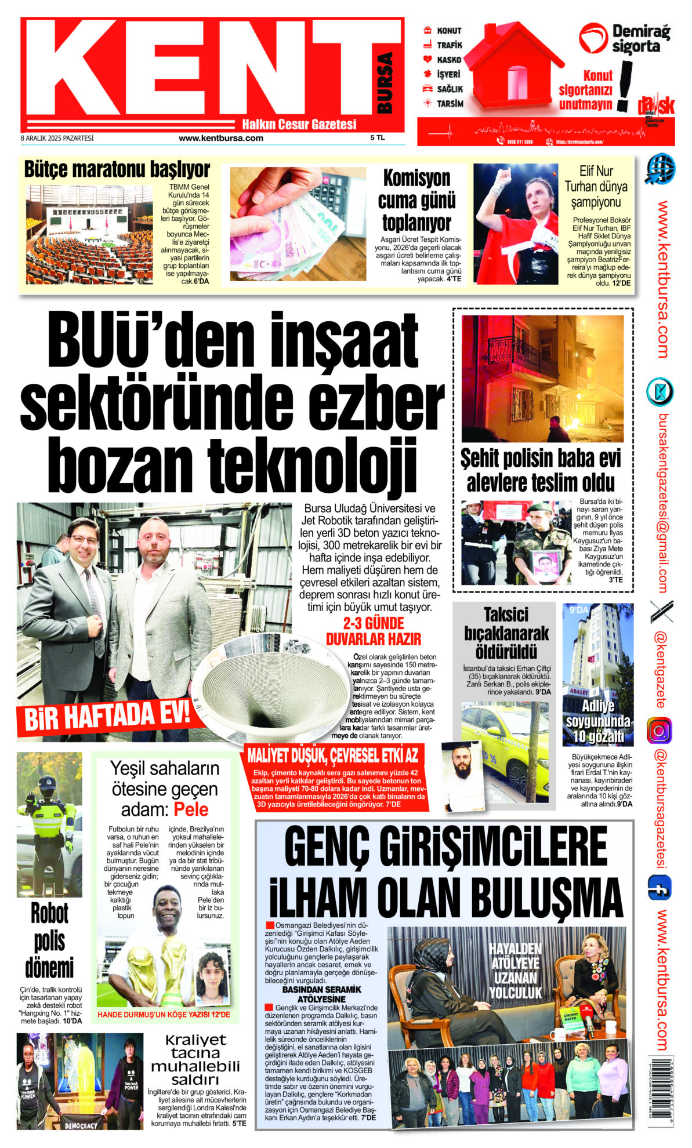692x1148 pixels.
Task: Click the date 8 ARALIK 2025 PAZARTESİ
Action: coord(57,139)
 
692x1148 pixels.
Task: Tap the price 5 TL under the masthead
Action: coord(377,138)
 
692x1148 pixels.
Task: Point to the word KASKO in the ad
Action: coord(449,60)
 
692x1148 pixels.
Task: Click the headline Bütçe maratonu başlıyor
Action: coord(117,170)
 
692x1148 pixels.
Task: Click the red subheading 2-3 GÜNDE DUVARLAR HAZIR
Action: coord(374,631)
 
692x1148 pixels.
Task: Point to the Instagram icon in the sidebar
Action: coord(659,730)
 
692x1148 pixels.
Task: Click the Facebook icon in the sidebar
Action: coord(659,888)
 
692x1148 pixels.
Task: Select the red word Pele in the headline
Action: coord(191,809)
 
